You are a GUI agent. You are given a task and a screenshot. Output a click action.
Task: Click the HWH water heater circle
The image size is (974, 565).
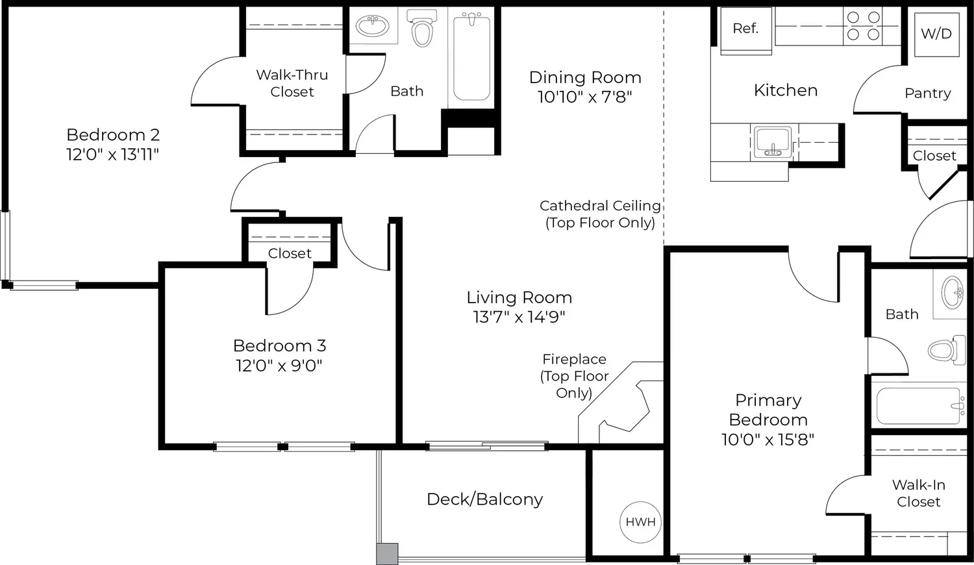coord(640,522)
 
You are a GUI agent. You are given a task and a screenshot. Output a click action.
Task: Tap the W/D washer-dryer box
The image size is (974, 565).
coord(936,34)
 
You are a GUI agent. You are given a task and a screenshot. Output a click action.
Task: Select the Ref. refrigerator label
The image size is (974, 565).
coord(745,29)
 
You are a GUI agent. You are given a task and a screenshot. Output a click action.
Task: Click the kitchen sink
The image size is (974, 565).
coord(773,142)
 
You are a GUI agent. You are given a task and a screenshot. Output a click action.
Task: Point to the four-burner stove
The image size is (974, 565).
coord(864,26)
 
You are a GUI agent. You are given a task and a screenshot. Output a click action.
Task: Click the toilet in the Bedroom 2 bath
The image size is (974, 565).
coord(422,28)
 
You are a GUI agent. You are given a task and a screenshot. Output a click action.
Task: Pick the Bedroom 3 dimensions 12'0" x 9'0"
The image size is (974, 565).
coord(279,366)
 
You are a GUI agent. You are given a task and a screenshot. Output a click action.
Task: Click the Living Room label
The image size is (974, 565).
coord(519,297)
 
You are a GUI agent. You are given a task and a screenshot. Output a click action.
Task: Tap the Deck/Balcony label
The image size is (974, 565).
coord(485,499)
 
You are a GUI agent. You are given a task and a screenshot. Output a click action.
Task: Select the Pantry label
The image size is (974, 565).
coord(927,93)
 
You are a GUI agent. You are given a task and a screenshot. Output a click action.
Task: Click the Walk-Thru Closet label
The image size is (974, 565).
coord(292,83)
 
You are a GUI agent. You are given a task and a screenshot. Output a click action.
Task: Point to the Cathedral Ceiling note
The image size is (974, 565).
coord(600,214)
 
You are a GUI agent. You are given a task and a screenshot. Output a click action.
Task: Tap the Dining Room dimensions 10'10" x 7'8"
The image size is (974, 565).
coord(584,97)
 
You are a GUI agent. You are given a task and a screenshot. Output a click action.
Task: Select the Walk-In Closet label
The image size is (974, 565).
coord(918,493)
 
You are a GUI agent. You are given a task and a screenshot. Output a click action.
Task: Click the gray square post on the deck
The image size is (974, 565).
coord(387,554)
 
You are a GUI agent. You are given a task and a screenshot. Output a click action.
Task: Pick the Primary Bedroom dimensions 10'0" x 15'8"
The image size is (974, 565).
coord(768,439)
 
